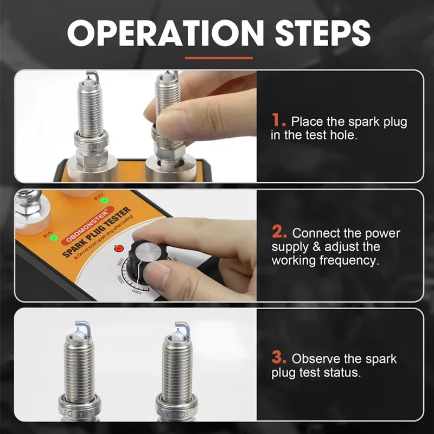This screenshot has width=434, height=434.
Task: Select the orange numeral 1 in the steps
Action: tap(278, 120)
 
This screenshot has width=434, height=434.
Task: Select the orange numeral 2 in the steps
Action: tap(279, 233)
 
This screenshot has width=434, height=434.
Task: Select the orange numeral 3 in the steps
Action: tap(279, 358)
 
